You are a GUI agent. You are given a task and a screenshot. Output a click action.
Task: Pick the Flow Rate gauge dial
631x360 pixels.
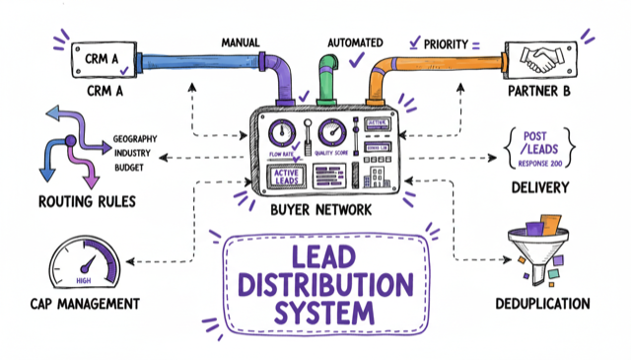[282, 130]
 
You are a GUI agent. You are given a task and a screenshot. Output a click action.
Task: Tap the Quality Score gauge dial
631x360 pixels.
[332, 130]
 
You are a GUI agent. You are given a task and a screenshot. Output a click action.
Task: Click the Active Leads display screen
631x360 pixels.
[285, 176]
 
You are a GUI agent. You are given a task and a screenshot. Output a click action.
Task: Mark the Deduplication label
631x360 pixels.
[544, 304]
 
